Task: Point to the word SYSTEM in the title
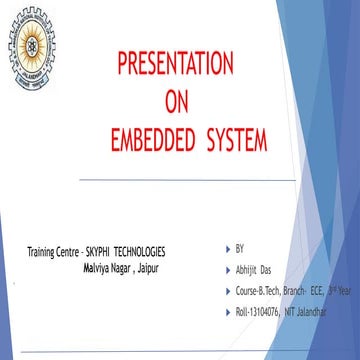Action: [x=236, y=136]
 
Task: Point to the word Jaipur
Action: [x=149, y=268]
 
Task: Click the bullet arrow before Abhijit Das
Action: [x=229, y=268]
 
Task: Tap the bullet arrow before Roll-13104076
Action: [x=229, y=313]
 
